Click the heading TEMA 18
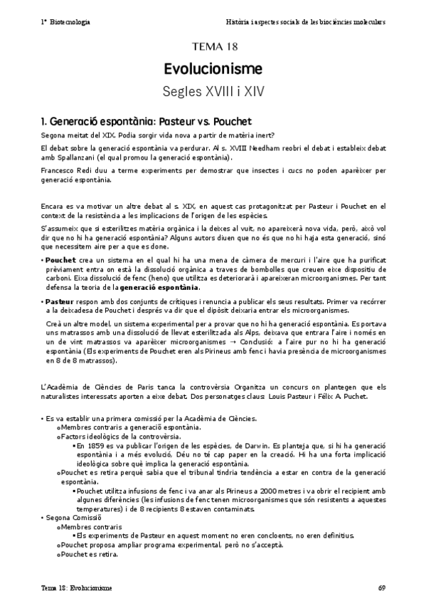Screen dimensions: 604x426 (213, 48)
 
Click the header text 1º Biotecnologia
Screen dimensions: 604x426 (65, 22)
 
